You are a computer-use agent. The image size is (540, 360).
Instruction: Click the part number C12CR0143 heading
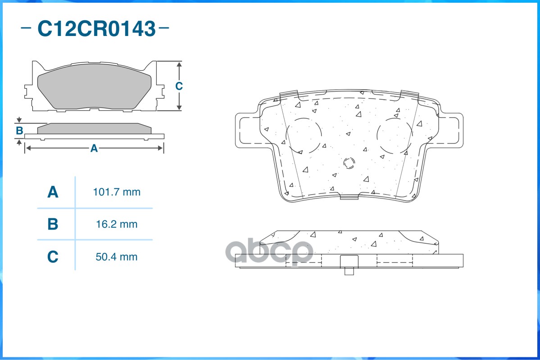click(96, 28)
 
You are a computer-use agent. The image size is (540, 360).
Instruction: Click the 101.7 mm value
click(117, 192)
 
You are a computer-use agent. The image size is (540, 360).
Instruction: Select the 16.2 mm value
click(117, 225)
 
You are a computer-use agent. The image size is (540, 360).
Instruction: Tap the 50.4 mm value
click(117, 257)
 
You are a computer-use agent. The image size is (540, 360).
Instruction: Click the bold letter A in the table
click(53, 192)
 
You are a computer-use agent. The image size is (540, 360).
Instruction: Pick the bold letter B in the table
click(53, 224)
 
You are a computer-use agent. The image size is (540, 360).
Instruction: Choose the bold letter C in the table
click(53, 257)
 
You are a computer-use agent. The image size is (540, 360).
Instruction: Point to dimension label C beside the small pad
click(179, 85)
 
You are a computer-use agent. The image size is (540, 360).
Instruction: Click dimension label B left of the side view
click(20, 130)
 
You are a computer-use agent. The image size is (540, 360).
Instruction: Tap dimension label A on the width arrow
click(94, 148)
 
